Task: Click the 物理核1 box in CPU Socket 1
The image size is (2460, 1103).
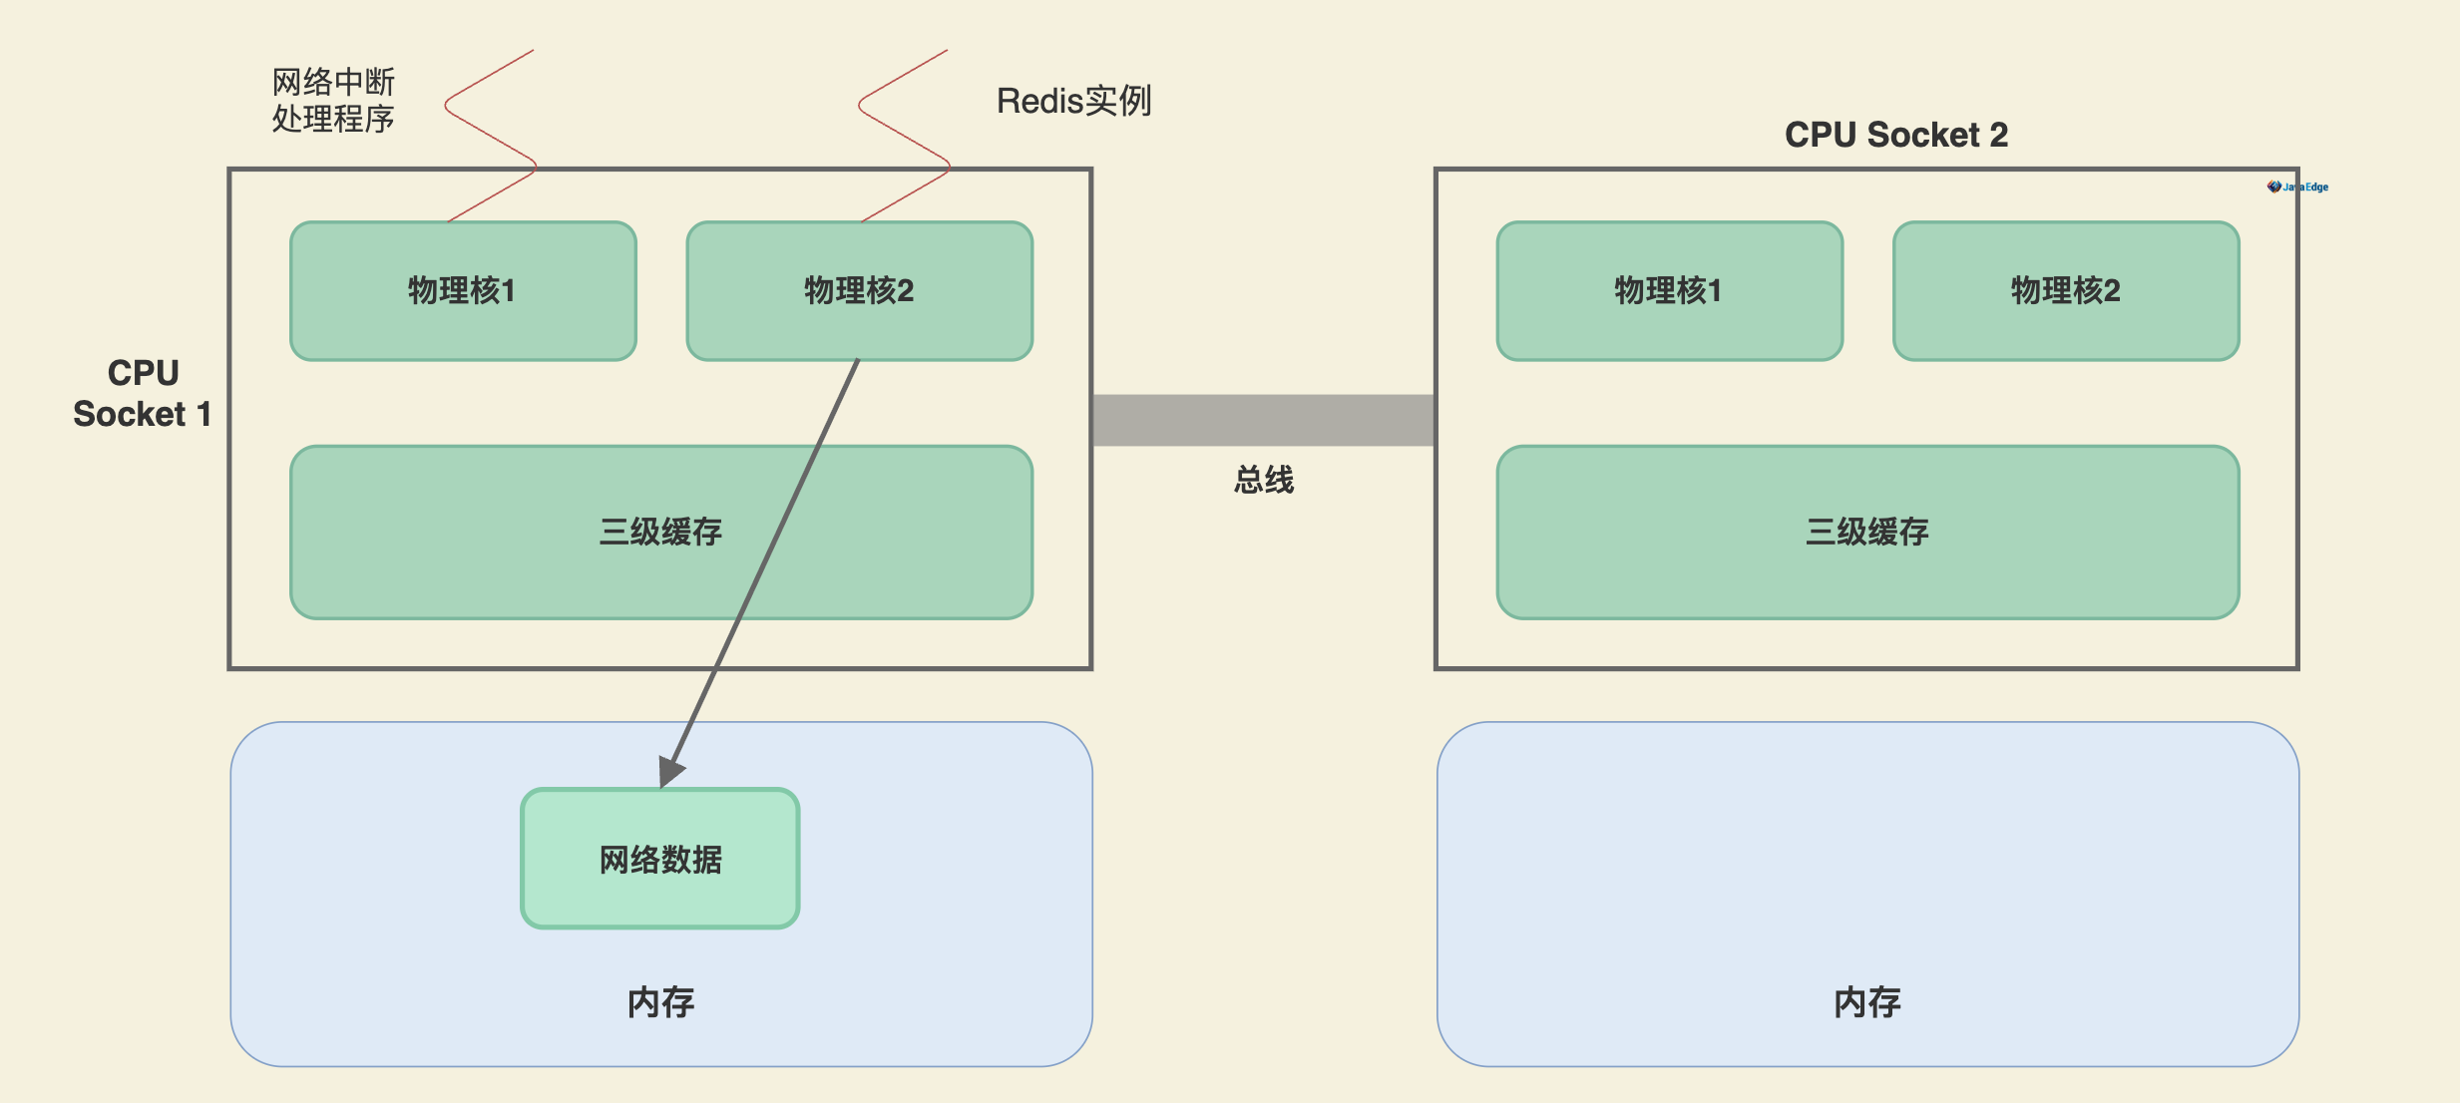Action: click(463, 290)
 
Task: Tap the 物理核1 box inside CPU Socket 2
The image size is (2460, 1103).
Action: click(1669, 290)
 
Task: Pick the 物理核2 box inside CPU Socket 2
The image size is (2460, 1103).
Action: click(2065, 290)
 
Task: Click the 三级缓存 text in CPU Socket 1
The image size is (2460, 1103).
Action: click(660, 532)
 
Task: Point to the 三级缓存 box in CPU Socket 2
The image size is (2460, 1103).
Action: click(1867, 532)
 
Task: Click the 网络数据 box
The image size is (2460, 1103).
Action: click(660, 859)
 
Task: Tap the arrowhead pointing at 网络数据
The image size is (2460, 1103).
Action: click(670, 771)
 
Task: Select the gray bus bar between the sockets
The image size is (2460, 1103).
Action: click(1263, 420)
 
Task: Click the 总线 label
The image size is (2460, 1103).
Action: click(1263, 480)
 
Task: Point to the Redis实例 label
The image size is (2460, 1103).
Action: click(1073, 101)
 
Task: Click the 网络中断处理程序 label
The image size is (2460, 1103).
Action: click(333, 100)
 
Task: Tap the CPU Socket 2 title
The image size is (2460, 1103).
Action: click(1895, 135)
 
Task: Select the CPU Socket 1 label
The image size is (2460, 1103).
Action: click(143, 393)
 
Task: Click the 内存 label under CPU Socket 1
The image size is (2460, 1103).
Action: click(660, 1002)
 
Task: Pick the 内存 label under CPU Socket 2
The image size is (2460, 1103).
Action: click(1867, 1002)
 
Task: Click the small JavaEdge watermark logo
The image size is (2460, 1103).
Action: click(2297, 186)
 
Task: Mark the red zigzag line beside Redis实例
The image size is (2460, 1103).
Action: click(904, 135)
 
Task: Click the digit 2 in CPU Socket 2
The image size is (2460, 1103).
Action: click(1998, 135)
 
